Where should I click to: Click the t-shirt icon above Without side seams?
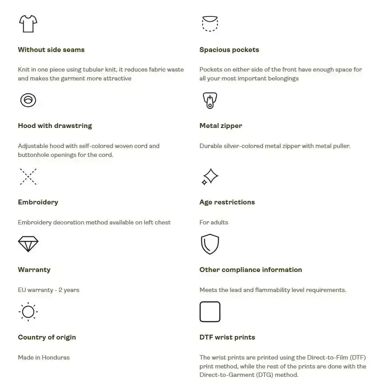tap(28, 24)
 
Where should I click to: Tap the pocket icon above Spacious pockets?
tap(210, 24)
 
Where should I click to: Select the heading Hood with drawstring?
tap(55, 126)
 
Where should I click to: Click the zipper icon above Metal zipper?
tap(210, 100)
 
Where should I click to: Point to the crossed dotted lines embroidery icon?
tap(28, 176)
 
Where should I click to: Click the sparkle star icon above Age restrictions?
tap(210, 176)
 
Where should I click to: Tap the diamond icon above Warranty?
tap(28, 244)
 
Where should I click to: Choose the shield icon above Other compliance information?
tap(210, 244)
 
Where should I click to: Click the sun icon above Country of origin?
tap(28, 312)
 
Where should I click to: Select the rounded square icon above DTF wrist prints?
tap(210, 312)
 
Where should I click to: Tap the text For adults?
tap(214, 222)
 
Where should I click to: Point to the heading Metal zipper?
tap(221, 126)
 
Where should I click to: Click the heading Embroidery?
tap(38, 202)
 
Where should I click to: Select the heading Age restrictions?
tap(227, 202)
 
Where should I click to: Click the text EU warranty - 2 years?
tap(48, 290)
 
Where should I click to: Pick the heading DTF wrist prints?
tap(227, 337)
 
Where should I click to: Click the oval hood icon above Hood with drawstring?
tap(28, 100)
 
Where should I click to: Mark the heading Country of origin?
tap(47, 337)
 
